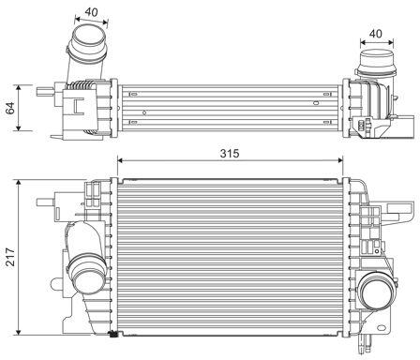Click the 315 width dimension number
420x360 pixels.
pyautogui.click(x=230, y=153)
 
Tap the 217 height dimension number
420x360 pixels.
pyautogui.click(x=10, y=257)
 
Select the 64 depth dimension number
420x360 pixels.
pyautogui.click(x=10, y=108)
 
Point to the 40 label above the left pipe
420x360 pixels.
pyautogui.click(x=91, y=12)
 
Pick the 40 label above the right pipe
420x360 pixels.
pyautogui.click(x=375, y=34)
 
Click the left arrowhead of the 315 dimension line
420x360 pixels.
pyautogui.click(x=121, y=160)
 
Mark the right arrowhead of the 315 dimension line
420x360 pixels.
pyautogui.click(x=339, y=160)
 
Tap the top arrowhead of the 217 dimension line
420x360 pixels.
pyautogui.click(x=19, y=184)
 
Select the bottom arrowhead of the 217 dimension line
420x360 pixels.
pyautogui.click(x=19, y=332)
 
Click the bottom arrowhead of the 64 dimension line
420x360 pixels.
pyautogui.click(x=19, y=127)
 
